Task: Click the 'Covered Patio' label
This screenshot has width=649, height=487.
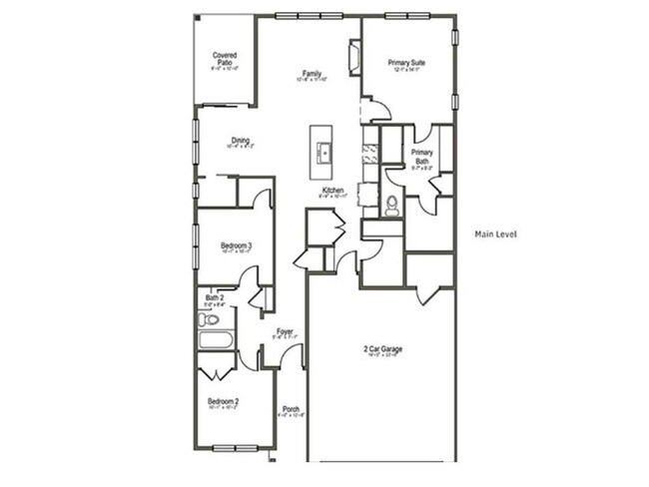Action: pos(224,59)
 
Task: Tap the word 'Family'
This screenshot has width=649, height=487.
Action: pos(312,74)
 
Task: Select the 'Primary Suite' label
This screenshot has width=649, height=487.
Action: pos(406,63)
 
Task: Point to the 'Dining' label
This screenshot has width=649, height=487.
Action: pos(241,141)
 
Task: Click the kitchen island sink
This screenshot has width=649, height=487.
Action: pos(323,152)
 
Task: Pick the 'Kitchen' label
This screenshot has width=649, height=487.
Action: pos(332,190)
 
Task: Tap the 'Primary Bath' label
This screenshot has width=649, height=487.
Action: pos(420,157)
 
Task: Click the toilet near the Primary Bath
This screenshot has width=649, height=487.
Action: pos(391,206)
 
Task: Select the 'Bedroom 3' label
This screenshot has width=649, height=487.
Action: pos(236,245)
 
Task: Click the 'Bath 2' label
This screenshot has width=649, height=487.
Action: pos(215,296)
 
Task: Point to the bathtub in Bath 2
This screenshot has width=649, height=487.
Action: pos(216,340)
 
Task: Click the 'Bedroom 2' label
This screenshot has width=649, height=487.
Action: pos(222,400)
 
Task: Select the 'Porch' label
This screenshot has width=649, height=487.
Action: pos(291,408)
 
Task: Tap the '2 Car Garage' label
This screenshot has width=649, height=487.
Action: pos(382,349)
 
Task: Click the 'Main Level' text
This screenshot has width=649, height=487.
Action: pos(496,235)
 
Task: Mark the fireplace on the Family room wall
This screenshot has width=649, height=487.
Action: pos(353,57)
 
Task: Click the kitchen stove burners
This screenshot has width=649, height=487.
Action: pos(369,152)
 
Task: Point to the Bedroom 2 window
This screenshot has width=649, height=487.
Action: pos(236,447)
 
